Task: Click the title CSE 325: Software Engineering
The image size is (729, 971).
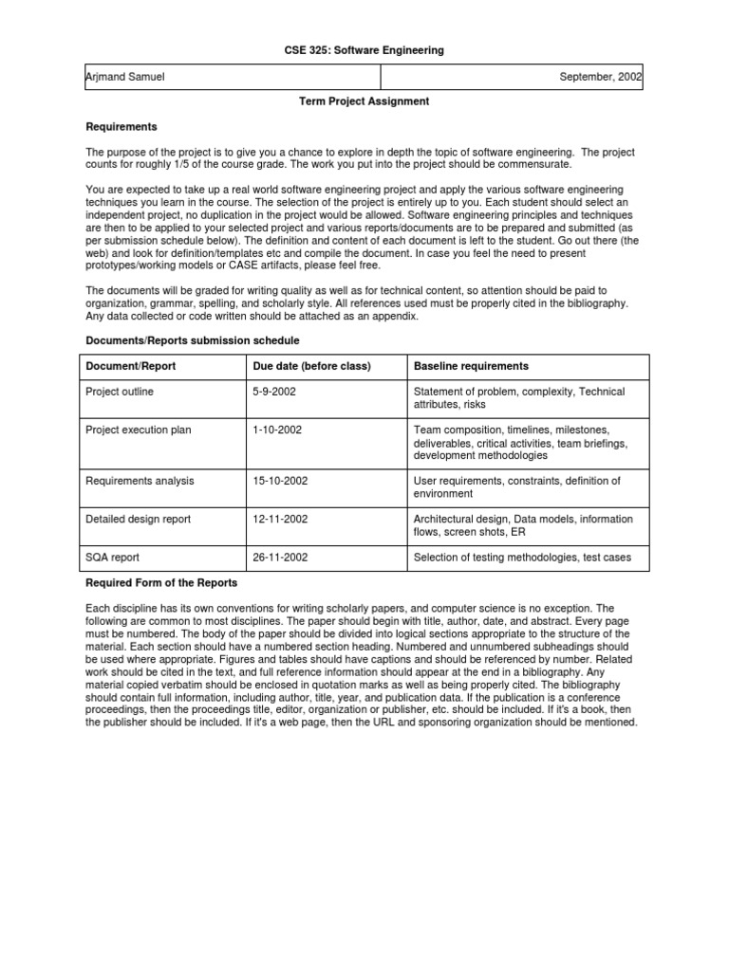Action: (x=364, y=50)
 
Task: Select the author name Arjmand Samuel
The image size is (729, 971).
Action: (x=125, y=77)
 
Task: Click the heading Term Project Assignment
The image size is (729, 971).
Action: (x=364, y=101)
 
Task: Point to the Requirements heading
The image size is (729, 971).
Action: (x=121, y=126)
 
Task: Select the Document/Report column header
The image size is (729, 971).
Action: (x=130, y=366)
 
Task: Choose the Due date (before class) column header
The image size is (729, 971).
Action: (x=311, y=366)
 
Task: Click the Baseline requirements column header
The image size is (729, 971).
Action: (x=471, y=366)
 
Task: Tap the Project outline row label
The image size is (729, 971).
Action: (x=120, y=392)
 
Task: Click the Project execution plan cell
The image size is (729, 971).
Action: (x=139, y=430)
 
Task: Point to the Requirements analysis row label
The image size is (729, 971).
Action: (x=140, y=481)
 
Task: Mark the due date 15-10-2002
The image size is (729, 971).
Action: (x=279, y=481)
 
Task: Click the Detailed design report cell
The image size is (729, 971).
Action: (x=139, y=519)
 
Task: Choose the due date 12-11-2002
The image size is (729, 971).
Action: (x=279, y=519)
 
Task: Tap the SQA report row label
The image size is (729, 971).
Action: (x=113, y=557)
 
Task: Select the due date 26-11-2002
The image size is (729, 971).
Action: (x=279, y=557)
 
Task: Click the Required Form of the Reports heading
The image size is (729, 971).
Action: (x=161, y=582)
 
